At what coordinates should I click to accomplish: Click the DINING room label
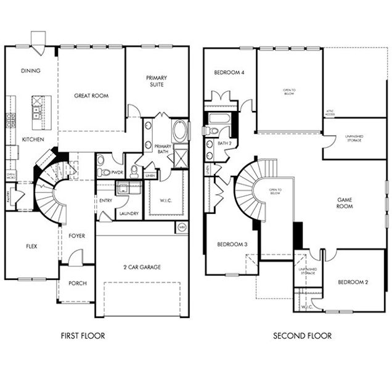click(x=30, y=71)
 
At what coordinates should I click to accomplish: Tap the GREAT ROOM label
click(x=91, y=96)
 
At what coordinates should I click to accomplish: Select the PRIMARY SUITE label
click(x=155, y=81)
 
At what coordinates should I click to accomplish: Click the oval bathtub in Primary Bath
click(x=180, y=131)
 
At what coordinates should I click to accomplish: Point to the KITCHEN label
click(x=33, y=140)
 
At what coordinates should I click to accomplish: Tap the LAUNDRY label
click(x=129, y=213)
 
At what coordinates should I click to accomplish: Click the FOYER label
click(x=77, y=236)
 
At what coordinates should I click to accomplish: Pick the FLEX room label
click(x=31, y=246)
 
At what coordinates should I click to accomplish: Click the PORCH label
click(x=77, y=284)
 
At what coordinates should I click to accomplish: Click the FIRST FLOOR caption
click(x=83, y=336)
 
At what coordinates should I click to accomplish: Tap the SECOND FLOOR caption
click(x=302, y=336)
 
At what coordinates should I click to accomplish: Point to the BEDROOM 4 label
click(x=229, y=73)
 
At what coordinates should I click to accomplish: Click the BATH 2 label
click(x=224, y=144)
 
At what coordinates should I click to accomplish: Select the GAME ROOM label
click(x=344, y=204)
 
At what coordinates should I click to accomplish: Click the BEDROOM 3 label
click(x=232, y=245)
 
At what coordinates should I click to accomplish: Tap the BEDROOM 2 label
click(x=353, y=282)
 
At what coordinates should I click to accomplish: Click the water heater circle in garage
click(x=181, y=227)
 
